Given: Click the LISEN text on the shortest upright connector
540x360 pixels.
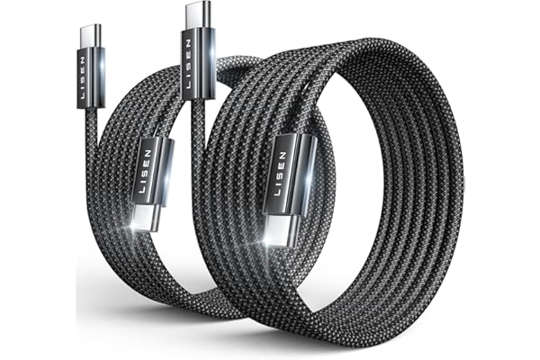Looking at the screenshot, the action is point(83,78).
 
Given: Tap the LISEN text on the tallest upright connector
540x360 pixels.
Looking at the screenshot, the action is point(188,64).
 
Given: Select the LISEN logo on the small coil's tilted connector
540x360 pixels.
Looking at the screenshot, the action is point(146,171).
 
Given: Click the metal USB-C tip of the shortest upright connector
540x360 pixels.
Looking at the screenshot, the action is point(90,36).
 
